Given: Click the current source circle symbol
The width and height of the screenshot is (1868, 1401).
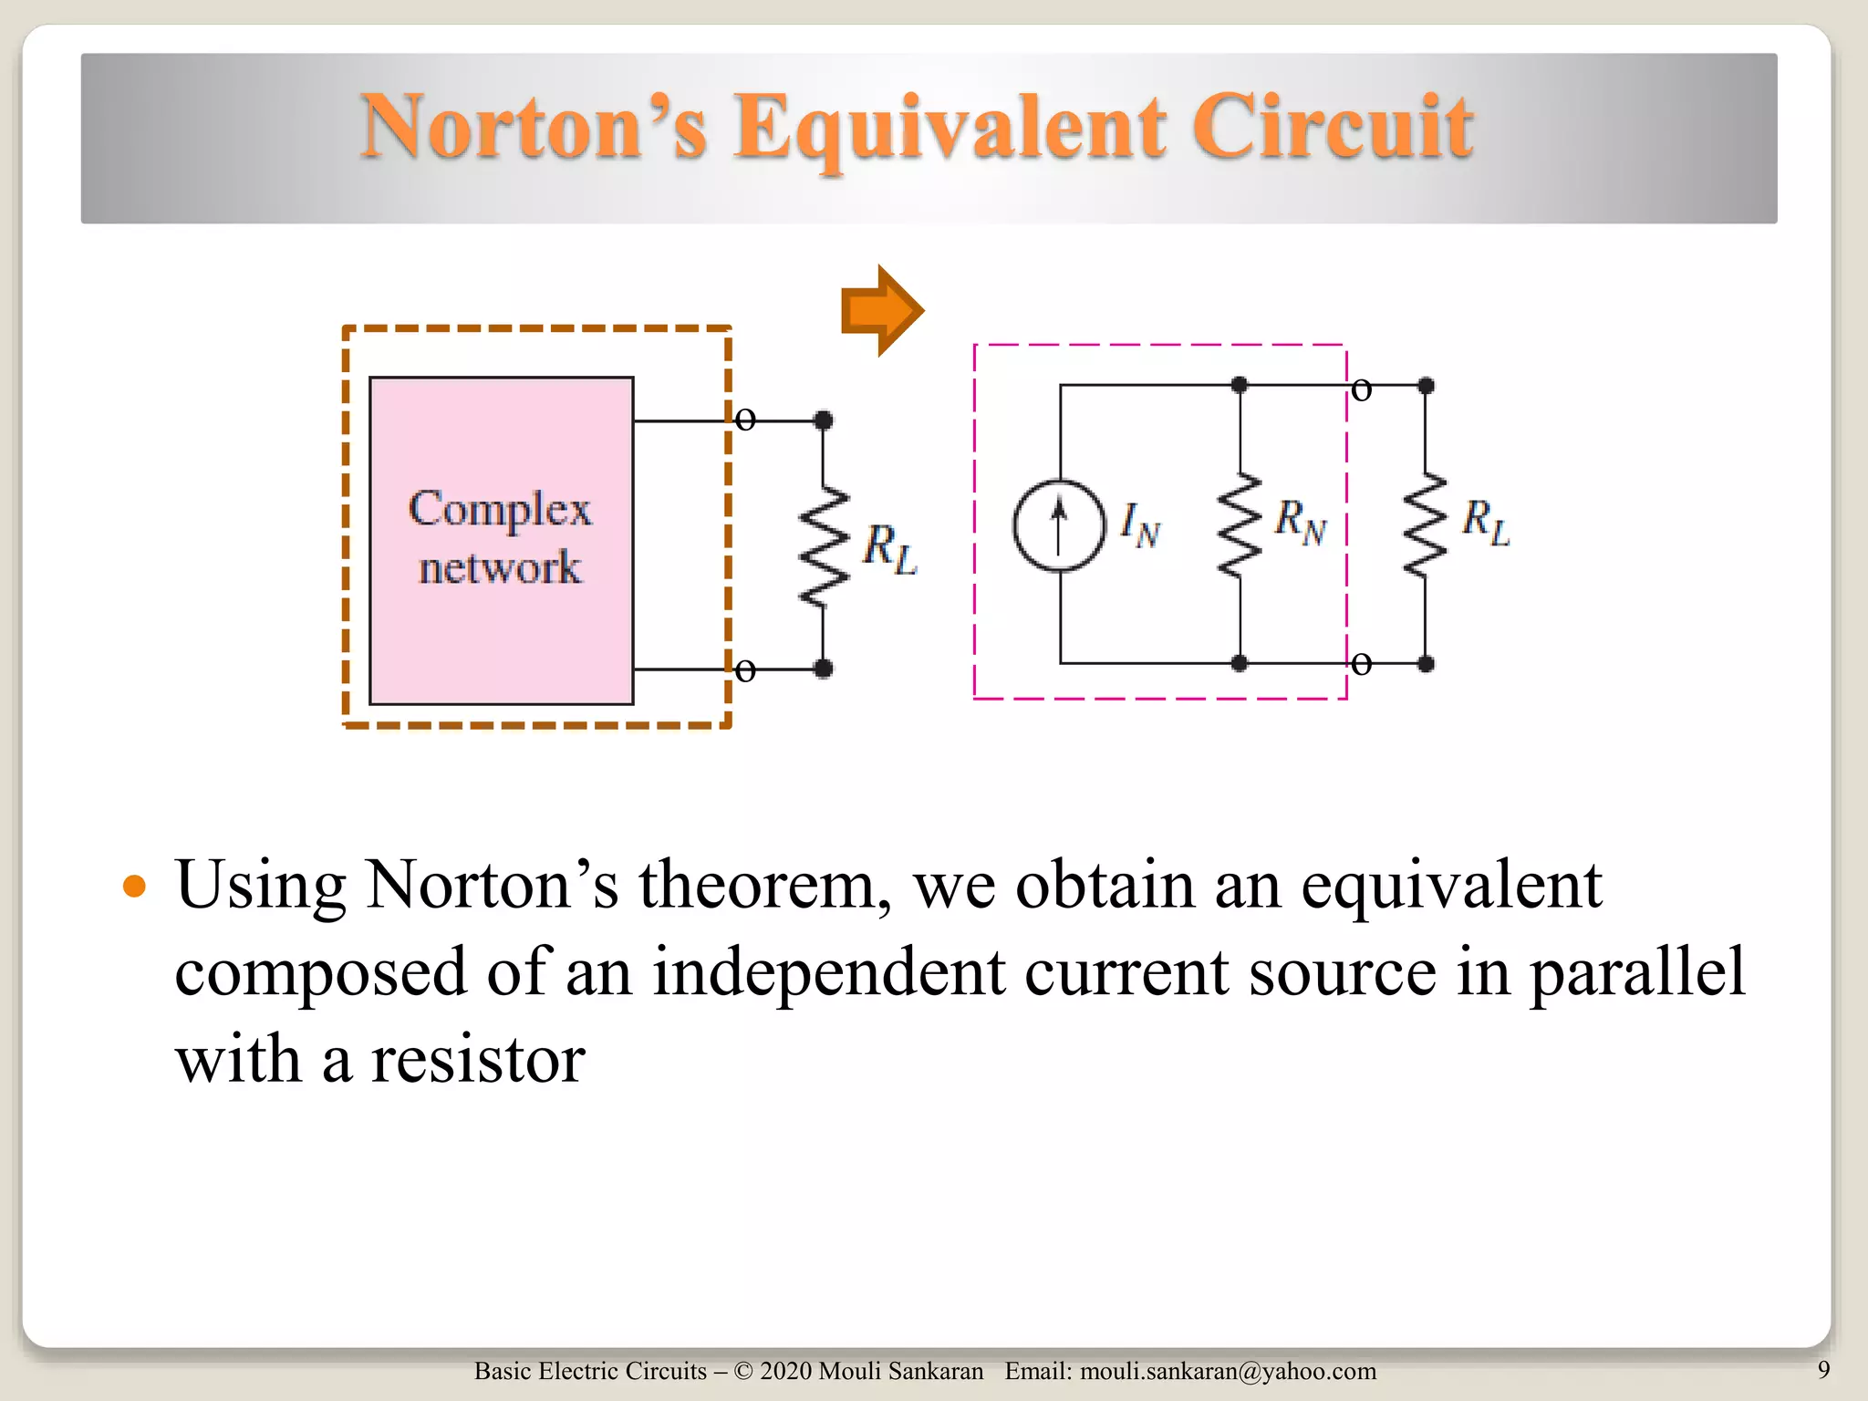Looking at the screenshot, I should click(1059, 525).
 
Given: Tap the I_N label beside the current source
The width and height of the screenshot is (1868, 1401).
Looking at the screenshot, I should click(1139, 525).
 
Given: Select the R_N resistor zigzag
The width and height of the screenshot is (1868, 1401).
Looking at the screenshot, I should click(1240, 525).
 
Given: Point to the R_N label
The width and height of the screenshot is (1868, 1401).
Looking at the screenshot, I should click(1301, 522).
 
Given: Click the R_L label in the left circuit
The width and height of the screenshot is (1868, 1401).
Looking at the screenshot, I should click(889, 549).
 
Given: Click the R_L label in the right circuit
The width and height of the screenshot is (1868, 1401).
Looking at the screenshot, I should click(1486, 522).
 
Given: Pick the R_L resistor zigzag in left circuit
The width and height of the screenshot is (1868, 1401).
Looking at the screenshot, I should click(823, 547).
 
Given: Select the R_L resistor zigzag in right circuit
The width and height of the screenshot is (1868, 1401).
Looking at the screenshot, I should click(1425, 525).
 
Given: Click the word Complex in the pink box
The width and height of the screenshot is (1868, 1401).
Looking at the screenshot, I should click(500, 509).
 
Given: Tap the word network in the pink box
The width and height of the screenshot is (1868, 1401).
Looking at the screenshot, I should click(500, 567).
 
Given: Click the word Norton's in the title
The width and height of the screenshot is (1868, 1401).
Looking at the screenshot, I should click(534, 128).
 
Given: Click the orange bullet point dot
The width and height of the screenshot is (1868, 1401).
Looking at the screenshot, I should click(134, 886).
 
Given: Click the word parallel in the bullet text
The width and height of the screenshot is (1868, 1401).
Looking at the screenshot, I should click(1636, 972).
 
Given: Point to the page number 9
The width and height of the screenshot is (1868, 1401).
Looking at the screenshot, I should click(1823, 1370).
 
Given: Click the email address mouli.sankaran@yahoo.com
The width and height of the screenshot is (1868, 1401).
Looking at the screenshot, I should click(1228, 1371).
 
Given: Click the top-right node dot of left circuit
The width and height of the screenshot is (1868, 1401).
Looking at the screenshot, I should click(823, 420).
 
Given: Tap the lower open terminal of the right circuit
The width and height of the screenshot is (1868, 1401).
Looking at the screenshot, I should click(1361, 663).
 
